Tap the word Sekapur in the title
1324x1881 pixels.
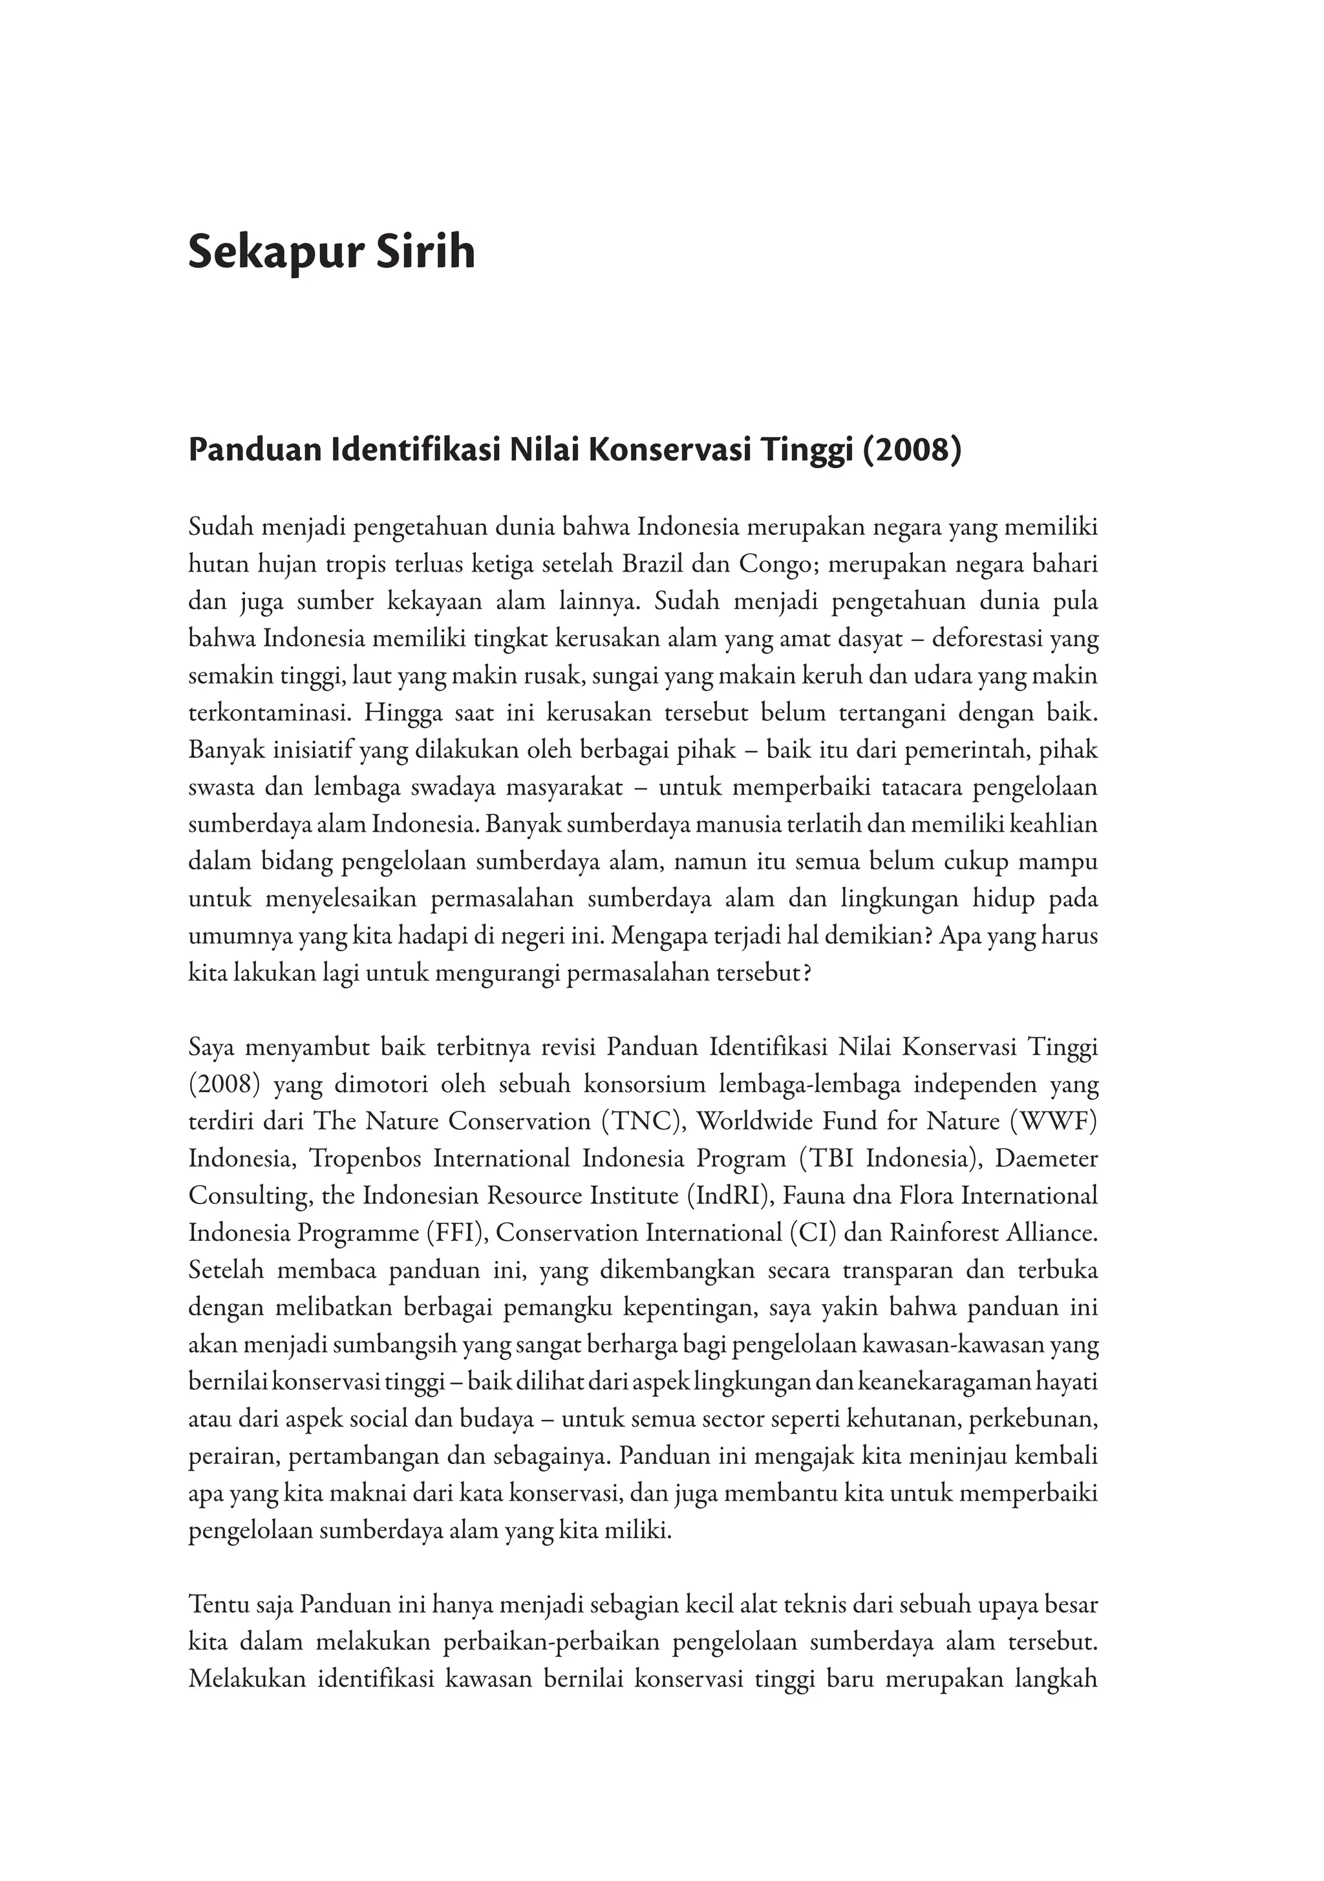point(270,252)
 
